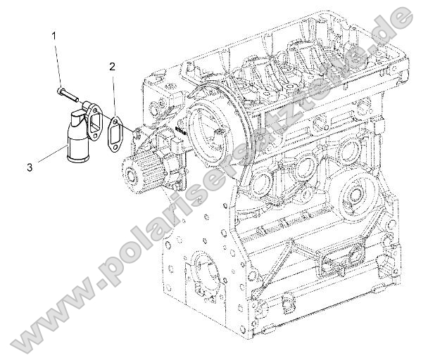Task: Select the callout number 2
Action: [112, 67]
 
